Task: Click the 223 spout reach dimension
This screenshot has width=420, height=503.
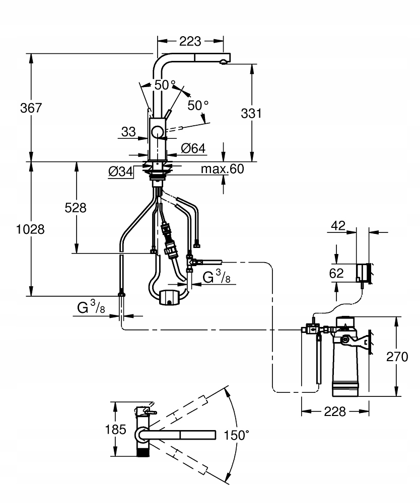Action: [x=190, y=41]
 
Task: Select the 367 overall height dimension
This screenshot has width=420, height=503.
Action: [x=31, y=108]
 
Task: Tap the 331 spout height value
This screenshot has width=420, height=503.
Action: [x=251, y=113]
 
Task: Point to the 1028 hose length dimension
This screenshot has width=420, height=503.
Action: [x=30, y=229]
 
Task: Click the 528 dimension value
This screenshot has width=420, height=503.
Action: [x=76, y=208]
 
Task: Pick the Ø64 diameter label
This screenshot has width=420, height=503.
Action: [x=193, y=148]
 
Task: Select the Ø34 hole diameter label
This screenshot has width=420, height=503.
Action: [x=120, y=172]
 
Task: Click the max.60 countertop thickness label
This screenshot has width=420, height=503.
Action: [x=222, y=169]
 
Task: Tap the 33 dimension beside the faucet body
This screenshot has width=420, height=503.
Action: [x=128, y=131]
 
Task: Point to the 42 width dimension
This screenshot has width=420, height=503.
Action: [x=338, y=225]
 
